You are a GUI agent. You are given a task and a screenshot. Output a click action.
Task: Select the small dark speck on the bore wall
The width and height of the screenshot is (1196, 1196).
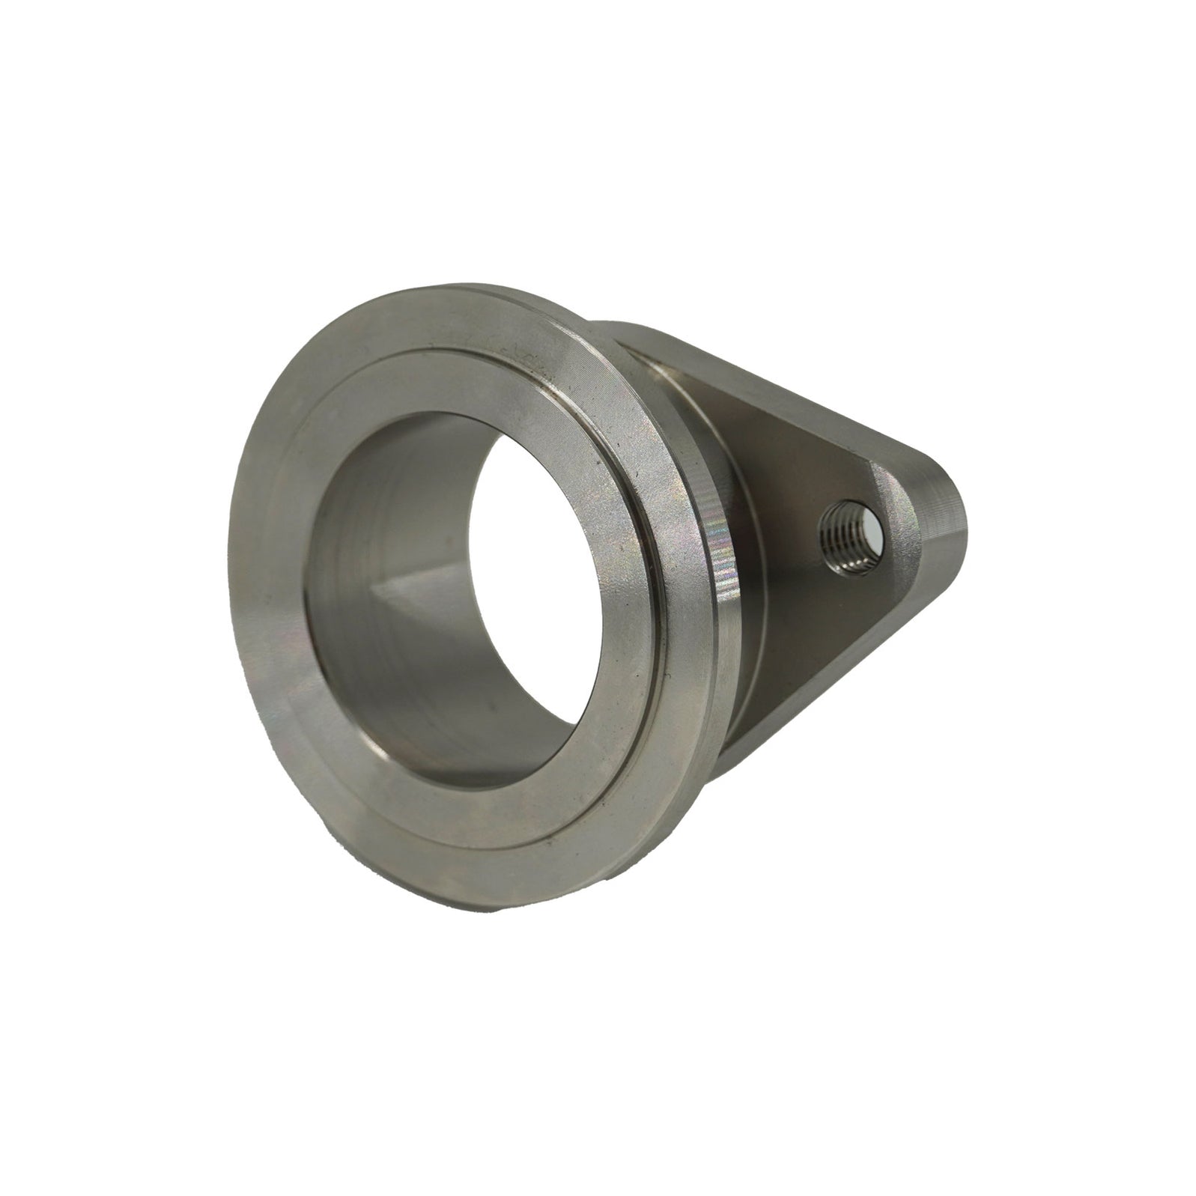[x=488, y=705]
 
